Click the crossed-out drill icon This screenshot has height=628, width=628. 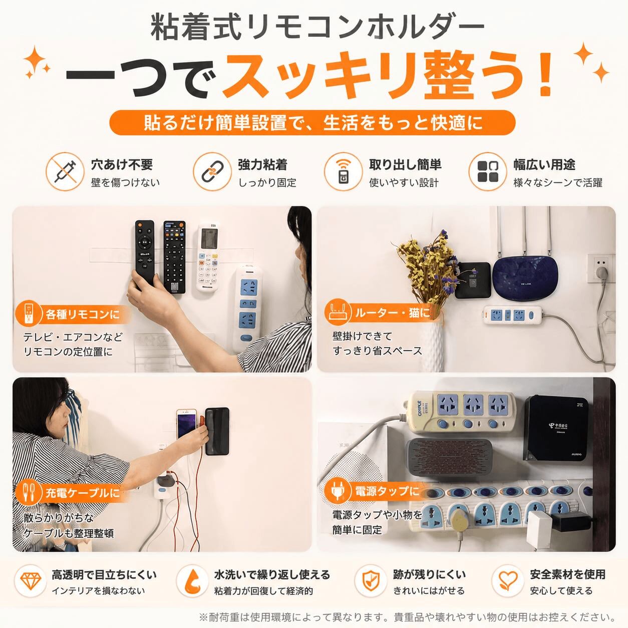click(65, 171)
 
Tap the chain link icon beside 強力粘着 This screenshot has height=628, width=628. click(212, 171)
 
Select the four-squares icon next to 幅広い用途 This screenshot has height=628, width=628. click(488, 171)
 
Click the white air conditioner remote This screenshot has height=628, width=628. click(208, 257)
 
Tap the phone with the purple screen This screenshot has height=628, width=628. click(186, 424)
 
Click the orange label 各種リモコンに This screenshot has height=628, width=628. click(73, 315)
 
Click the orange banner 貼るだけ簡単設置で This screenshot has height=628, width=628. click(312, 123)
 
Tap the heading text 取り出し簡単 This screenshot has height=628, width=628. click(405, 165)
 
